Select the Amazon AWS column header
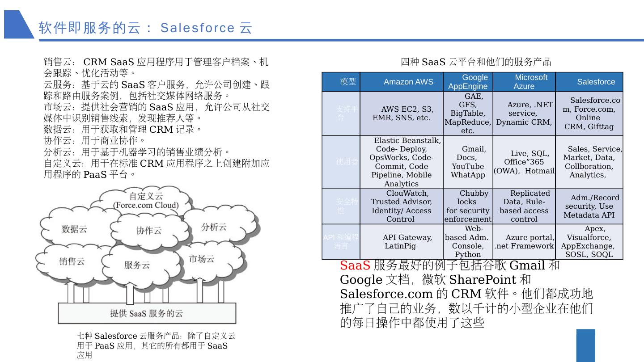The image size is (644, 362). (408, 82)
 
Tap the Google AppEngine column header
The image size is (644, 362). (468, 82)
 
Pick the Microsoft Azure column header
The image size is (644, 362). (524, 82)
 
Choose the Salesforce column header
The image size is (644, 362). (596, 82)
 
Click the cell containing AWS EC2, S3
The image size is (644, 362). (402, 114)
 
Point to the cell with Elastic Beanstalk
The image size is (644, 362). (402, 162)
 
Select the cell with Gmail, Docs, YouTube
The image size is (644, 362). (468, 162)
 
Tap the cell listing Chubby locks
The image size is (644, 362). (468, 206)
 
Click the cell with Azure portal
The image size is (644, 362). (524, 242)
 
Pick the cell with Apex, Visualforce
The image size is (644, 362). (589, 242)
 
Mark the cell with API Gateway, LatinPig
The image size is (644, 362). (402, 242)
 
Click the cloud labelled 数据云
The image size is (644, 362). (74, 229)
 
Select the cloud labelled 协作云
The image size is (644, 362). (149, 231)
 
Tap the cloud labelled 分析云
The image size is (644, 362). (214, 227)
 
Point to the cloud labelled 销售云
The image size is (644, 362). (72, 261)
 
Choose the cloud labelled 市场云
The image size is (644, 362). (201, 259)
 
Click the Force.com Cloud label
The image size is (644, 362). (146, 206)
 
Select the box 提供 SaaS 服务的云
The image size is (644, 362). (147, 313)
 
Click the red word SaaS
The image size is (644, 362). (355, 265)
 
